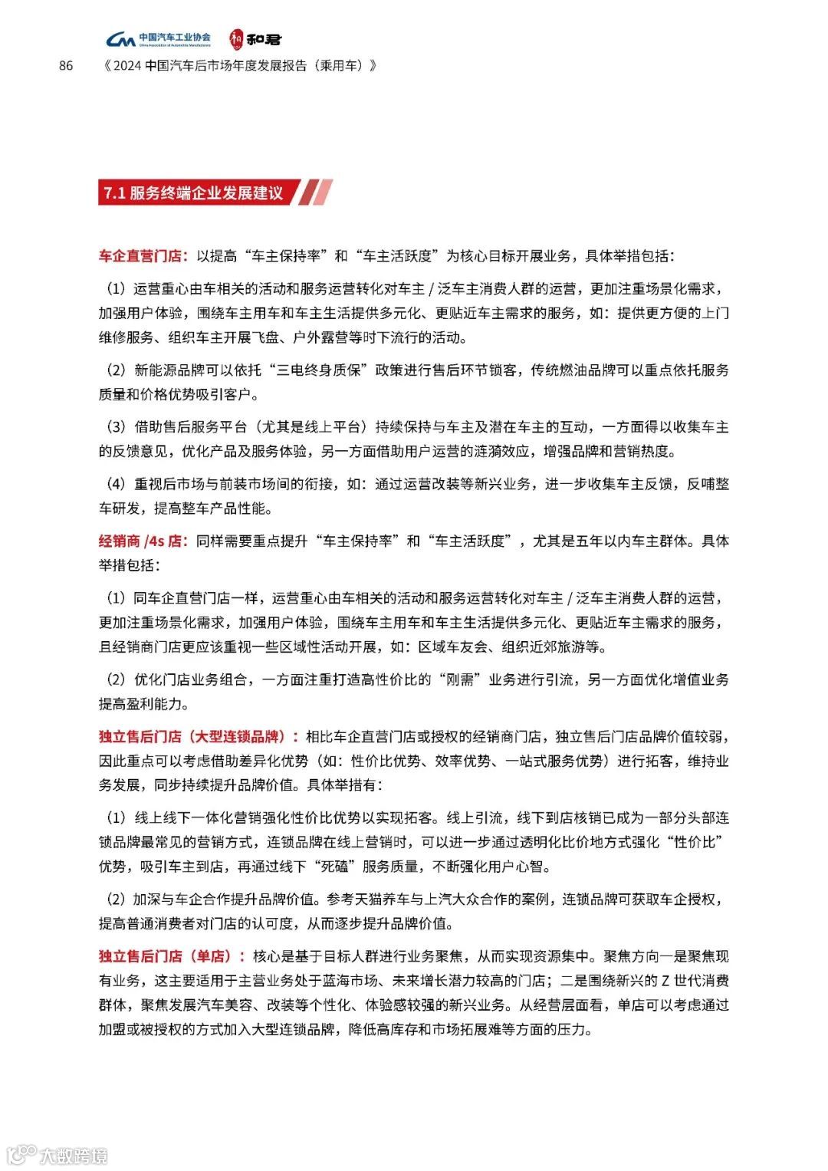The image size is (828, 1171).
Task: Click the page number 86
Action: (66, 66)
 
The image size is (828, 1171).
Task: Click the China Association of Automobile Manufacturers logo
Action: (158, 39)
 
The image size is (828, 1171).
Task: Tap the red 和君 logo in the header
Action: (255, 38)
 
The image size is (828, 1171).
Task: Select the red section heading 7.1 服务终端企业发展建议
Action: (192, 192)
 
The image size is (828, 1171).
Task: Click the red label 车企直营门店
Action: (143, 255)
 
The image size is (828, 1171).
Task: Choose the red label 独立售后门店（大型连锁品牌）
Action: (199, 737)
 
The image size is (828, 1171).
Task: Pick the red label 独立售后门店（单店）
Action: (171, 956)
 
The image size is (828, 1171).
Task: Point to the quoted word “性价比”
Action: (696, 842)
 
